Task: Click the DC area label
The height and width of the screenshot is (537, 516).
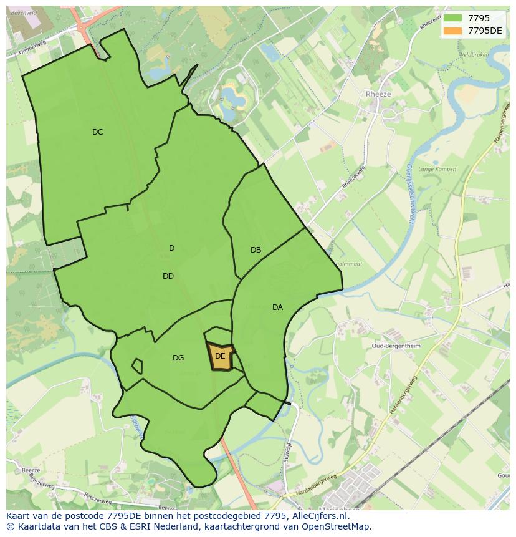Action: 97,132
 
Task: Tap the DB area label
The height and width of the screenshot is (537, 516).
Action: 256,250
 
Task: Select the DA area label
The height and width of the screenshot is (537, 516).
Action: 277,307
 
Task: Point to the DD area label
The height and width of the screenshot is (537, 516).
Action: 168,276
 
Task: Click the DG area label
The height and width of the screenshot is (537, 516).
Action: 178,358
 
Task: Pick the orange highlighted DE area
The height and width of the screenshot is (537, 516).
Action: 220,357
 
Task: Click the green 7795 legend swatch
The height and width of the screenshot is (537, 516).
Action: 453,18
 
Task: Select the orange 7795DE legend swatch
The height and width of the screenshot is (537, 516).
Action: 453,31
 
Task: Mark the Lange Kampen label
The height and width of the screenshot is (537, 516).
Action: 437,169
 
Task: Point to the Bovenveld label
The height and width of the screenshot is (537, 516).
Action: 24,12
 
